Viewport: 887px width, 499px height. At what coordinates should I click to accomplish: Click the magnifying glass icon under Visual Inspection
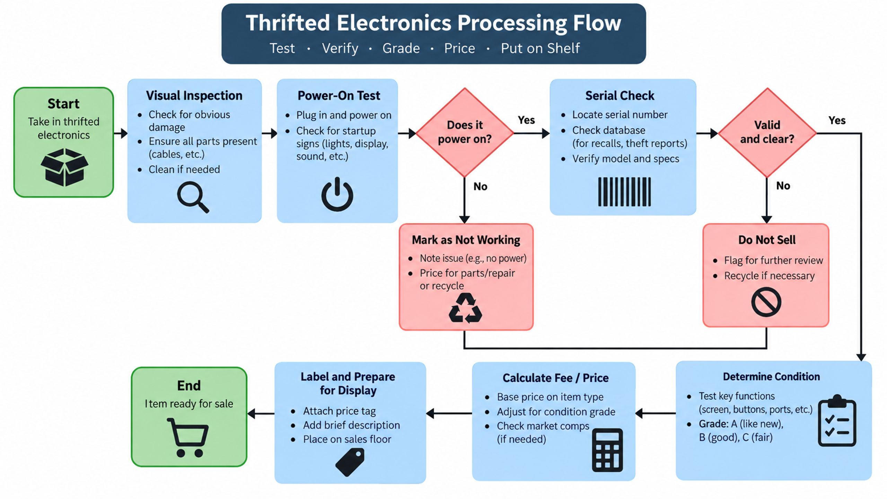pyautogui.click(x=193, y=197)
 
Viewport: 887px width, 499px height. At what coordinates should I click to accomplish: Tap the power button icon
pyautogui.click(x=337, y=194)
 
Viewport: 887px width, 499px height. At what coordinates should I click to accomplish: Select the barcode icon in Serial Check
pyautogui.click(x=624, y=192)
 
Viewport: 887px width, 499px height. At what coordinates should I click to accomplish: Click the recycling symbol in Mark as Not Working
pyautogui.click(x=465, y=308)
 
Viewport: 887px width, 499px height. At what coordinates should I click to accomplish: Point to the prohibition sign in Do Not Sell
pyautogui.click(x=766, y=302)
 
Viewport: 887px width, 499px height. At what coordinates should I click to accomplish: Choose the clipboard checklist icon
pyautogui.click(x=837, y=420)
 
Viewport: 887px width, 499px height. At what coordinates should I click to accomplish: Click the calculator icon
pyautogui.click(x=607, y=450)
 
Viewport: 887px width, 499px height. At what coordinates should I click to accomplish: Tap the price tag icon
pyautogui.click(x=350, y=462)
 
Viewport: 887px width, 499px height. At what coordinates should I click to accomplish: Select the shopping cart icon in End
pyautogui.click(x=188, y=437)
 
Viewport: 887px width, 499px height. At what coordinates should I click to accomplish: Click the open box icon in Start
pyautogui.click(x=64, y=167)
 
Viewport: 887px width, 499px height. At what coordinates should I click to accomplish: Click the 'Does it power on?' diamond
pyautogui.click(x=465, y=132)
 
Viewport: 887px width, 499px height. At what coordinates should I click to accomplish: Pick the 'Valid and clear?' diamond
pyautogui.click(x=767, y=132)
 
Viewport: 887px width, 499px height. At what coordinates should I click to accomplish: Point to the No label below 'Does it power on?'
pyautogui.click(x=480, y=186)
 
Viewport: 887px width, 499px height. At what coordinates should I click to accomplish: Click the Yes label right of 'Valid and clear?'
pyautogui.click(x=837, y=120)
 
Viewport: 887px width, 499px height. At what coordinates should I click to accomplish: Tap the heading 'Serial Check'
pyautogui.click(x=620, y=96)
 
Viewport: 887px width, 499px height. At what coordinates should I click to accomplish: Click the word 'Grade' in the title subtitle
pyautogui.click(x=401, y=48)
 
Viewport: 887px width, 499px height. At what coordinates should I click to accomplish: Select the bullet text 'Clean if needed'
pyautogui.click(x=184, y=169)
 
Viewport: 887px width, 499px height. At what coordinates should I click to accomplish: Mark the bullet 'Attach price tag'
pyautogui.click(x=339, y=411)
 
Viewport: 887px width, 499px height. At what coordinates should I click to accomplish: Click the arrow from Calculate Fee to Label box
pyautogui.click(x=449, y=413)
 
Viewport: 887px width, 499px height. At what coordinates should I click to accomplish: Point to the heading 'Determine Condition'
pyautogui.click(x=771, y=377)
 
